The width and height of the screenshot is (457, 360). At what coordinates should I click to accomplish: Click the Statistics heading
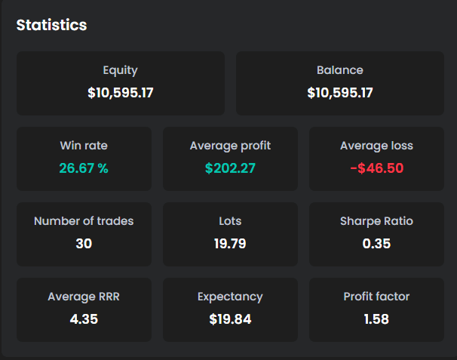[51, 25]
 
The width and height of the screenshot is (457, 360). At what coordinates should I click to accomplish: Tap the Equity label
[121, 71]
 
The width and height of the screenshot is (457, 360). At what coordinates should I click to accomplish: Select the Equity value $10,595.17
[121, 93]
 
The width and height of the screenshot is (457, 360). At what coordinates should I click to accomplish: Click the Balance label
[340, 70]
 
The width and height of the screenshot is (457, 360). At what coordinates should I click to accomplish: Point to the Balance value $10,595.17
[340, 93]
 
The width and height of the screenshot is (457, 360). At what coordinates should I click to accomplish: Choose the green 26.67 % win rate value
[84, 168]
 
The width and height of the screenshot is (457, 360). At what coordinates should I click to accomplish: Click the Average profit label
[230, 146]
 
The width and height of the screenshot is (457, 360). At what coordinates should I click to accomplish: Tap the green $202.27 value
[230, 168]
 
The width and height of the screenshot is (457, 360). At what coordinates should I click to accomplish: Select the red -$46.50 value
[376, 168]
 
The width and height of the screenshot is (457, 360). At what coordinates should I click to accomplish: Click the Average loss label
[376, 146]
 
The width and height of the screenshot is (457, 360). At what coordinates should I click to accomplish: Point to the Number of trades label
[84, 221]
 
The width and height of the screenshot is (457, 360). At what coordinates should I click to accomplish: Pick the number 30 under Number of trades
[84, 244]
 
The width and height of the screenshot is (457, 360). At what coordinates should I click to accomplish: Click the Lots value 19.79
[230, 244]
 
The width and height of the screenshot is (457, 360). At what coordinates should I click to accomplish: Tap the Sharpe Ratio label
[376, 221]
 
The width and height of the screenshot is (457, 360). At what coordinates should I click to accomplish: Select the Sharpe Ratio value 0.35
[376, 244]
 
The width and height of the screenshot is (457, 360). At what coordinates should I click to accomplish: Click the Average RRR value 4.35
[84, 318]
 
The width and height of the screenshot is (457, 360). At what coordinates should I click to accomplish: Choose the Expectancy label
[230, 297]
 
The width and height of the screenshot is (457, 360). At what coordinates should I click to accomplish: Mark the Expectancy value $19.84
[230, 318]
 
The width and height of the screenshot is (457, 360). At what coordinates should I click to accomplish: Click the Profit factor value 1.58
[376, 318]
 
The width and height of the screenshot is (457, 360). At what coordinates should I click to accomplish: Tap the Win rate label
[84, 146]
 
